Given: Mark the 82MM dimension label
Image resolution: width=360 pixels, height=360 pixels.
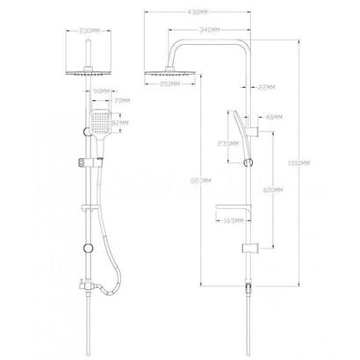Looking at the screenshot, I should click(121, 124).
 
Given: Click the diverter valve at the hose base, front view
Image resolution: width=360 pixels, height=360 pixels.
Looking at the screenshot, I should click(87, 287).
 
